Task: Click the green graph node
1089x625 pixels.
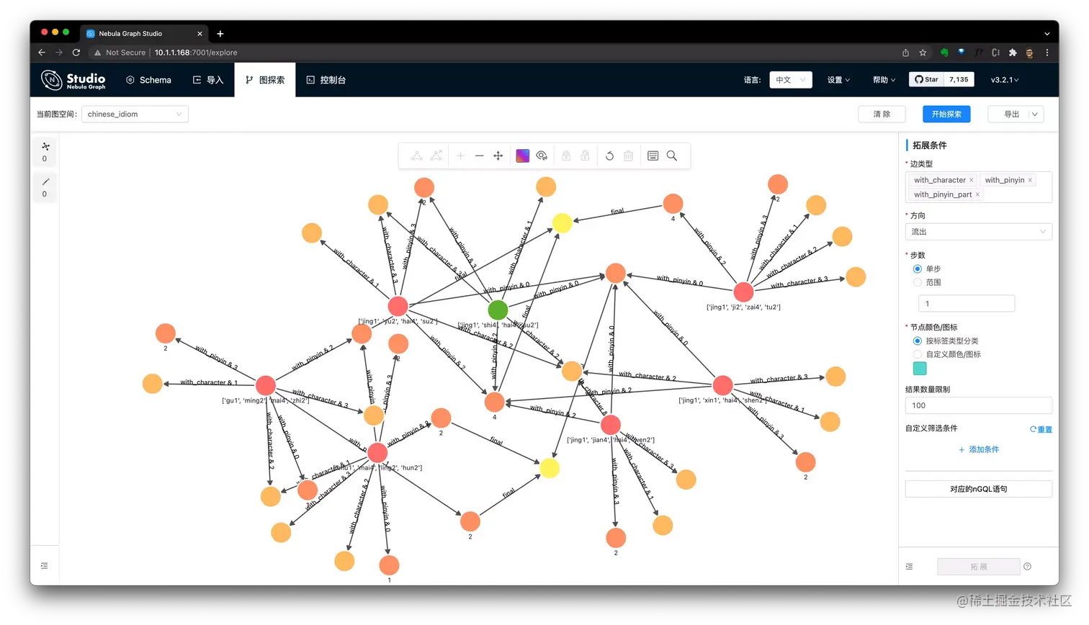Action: coord(498,310)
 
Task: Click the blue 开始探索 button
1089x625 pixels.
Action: coord(946,114)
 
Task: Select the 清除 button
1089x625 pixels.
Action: coord(882,114)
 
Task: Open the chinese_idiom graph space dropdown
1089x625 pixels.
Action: coord(135,114)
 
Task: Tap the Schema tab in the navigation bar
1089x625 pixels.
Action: coord(148,80)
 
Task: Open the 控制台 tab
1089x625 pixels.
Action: coord(326,80)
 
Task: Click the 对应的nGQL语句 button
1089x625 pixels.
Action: coord(978,489)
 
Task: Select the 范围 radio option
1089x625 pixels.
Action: coord(918,282)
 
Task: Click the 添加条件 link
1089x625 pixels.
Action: coord(979,449)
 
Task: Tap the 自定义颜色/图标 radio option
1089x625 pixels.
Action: coord(918,354)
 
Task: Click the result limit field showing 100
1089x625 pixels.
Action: coord(978,405)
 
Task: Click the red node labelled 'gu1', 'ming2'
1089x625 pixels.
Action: coord(266,385)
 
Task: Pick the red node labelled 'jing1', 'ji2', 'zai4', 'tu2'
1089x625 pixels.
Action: coord(743,292)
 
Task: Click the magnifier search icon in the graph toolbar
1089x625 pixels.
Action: coord(672,156)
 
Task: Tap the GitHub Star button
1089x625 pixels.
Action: coord(926,80)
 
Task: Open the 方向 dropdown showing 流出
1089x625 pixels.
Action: coord(978,232)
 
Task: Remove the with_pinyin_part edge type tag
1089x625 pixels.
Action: coord(977,194)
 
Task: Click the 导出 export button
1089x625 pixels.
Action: coord(1011,114)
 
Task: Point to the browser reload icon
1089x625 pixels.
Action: coord(76,53)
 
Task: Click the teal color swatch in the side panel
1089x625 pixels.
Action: coord(920,369)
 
